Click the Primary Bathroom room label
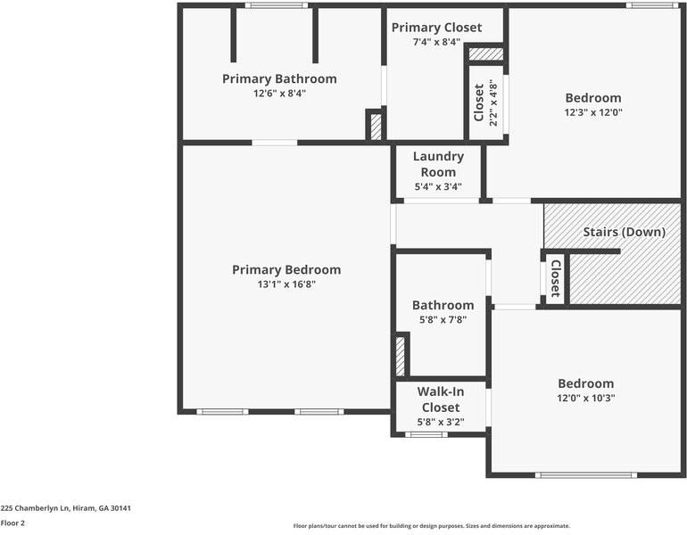pos(279,78)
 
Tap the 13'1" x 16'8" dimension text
pos(286,284)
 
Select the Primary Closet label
pos(436,28)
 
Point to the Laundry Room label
pos(438,164)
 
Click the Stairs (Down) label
pos(625,232)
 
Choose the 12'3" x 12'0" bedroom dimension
pos(593,112)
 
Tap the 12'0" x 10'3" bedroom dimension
pos(585,398)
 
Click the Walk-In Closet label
pos(440,399)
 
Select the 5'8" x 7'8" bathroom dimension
pos(443,319)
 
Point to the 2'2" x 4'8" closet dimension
pos(493,103)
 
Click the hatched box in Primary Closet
pos(485,54)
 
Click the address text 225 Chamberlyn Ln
pos(66,507)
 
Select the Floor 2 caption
pos(12,523)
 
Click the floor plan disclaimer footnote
pos(432,526)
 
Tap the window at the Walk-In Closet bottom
pos(426,434)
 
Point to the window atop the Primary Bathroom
pos(271,5)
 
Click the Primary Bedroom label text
pos(286,269)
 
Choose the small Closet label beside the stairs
pos(555,278)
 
